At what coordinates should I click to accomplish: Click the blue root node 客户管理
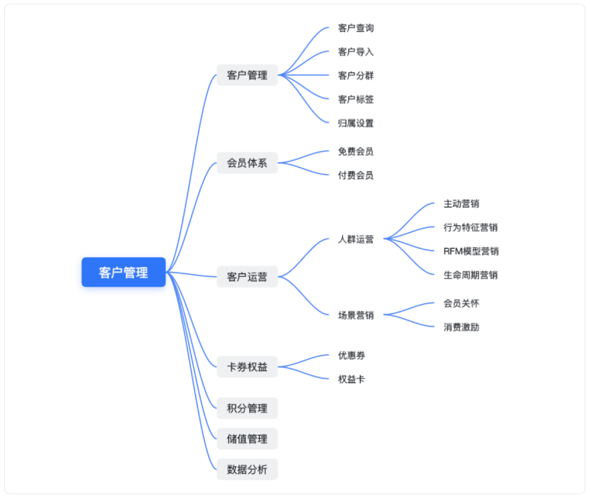[x=123, y=272]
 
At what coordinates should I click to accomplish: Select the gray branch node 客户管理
[x=247, y=75]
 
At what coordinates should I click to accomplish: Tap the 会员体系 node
[x=247, y=163]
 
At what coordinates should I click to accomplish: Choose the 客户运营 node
[x=247, y=276]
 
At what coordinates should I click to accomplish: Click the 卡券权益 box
[x=247, y=367]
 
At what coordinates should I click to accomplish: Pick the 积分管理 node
[x=247, y=408]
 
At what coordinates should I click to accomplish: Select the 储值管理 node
[x=247, y=439]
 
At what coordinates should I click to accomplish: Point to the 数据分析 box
[x=247, y=470]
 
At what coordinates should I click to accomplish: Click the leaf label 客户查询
[x=356, y=28]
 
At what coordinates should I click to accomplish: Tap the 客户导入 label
[x=356, y=51]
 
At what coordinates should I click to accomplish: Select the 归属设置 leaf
[x=356, y=123]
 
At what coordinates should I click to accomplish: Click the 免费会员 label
[x=356, y=151]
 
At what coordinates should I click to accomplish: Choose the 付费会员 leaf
[x=356, y=175]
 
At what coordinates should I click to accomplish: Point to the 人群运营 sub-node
[x=356, y=239]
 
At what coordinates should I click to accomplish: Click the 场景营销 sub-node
[x=356, y=315]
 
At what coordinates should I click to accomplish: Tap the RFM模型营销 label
[x=471, y=251]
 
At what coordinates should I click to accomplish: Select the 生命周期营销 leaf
[x=470, y=275]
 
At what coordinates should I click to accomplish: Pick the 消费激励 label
[x=461, y=327]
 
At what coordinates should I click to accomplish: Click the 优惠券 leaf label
[x=351, y=355]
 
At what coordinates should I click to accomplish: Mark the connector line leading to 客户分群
[x=304, y=75]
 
